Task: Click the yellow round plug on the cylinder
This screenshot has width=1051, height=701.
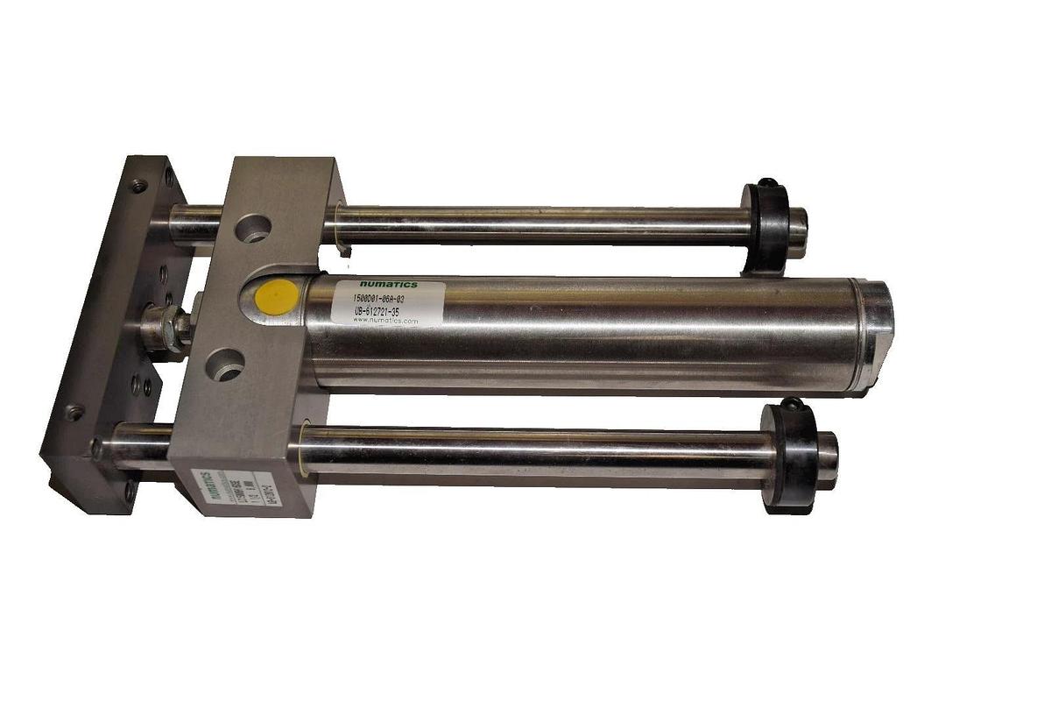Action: point(277,298)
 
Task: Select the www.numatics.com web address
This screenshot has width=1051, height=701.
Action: point(385,322)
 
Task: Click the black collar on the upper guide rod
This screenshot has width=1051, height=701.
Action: point(766,225)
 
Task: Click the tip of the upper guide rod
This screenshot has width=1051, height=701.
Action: point(798,231)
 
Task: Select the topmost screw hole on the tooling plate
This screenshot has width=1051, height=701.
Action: point(138,186)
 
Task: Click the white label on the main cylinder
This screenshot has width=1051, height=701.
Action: point(387,303)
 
